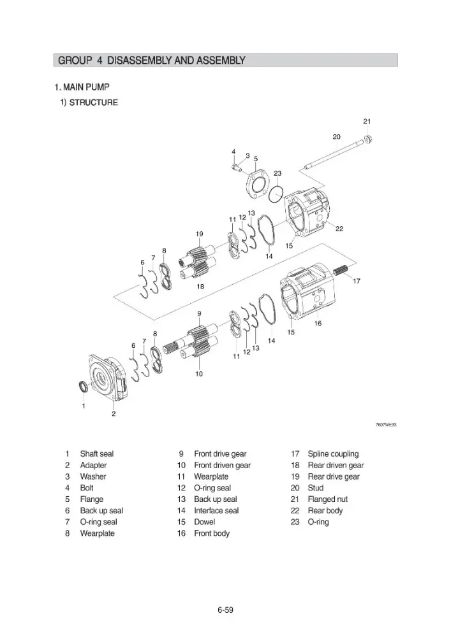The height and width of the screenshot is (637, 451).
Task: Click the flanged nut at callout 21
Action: (368, 140)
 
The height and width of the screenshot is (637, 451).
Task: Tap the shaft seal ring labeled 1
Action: (82, 387)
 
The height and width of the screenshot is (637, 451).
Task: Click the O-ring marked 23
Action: (276, 193)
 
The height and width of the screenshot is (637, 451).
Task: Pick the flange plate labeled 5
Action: (256, 184)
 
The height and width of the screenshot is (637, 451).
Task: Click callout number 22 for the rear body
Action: (339, 229)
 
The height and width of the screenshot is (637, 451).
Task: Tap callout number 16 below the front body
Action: (318, 324)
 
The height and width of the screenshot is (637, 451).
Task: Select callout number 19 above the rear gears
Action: (199, 234)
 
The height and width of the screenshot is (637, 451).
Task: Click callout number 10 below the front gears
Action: (199, 374)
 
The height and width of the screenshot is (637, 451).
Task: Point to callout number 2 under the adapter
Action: (114, 413)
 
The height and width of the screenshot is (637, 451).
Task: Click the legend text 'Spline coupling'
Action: (333, 454)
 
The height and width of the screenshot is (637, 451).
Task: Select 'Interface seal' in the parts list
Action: (216, 511)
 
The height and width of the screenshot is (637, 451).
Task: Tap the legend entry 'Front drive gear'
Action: (220, 454)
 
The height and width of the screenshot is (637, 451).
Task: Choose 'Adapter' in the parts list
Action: (93, 465)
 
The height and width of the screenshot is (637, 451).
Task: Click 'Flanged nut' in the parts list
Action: (327, 499)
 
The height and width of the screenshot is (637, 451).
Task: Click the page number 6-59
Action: (225, 610)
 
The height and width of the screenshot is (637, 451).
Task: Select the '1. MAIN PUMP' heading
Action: (82, 87)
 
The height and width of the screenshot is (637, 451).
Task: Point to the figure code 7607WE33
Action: (385, 425)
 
